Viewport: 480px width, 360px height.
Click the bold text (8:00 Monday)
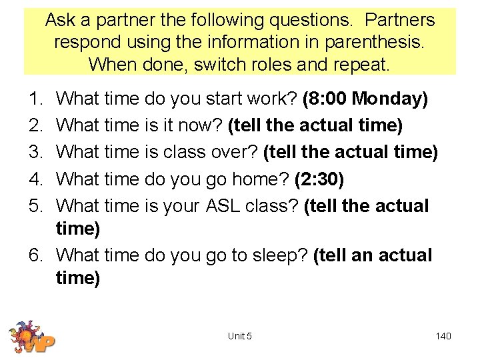(365, 99)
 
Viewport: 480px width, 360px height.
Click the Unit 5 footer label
(240, 336)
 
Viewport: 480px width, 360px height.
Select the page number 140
(443, 336)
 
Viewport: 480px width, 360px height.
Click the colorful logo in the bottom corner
(31, 337)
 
